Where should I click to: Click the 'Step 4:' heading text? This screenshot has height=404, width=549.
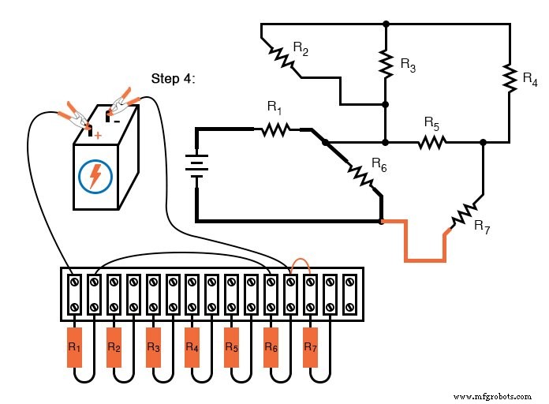[172, 79]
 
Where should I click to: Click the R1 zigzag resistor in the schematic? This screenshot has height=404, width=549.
[274, 128]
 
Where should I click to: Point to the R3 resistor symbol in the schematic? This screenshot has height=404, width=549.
[386, 65]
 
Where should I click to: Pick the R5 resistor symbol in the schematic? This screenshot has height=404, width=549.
[431, 143]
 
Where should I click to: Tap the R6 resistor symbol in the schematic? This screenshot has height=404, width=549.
[360, 174]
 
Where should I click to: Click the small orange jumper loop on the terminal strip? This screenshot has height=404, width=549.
[301, 264]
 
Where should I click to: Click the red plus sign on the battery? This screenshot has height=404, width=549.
[99, 135]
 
